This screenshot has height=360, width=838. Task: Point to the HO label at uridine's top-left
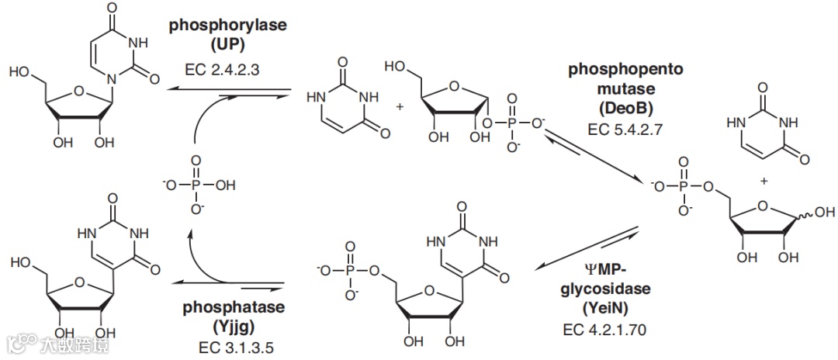(x=20, y=71)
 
